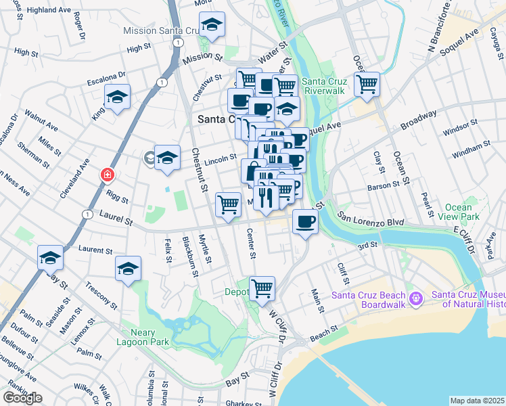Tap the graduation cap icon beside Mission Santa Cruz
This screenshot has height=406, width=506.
pyautogui.click(x=212, y=26)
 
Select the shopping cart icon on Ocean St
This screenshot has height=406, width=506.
pyautogui.click(x=367, y=85)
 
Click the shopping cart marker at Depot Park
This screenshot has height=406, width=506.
pyautogui.click(x=262, y=288)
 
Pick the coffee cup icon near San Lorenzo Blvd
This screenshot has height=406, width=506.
pyautogui.click(x=306, y=221)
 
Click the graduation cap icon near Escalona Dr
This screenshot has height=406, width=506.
pyautogui.click(x=117, y=97)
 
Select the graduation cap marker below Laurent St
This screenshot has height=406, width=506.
pyautogui.click(x=128, y=269)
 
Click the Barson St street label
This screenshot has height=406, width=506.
pyautogui.click(x=384, y=185)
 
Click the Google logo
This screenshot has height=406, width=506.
pyautogui.click(x=22, y=398)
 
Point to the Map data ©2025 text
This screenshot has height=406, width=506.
pyautogui.click(x=477, y=401)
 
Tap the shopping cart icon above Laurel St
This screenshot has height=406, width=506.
pyautogui.click(x=228, y=204)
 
